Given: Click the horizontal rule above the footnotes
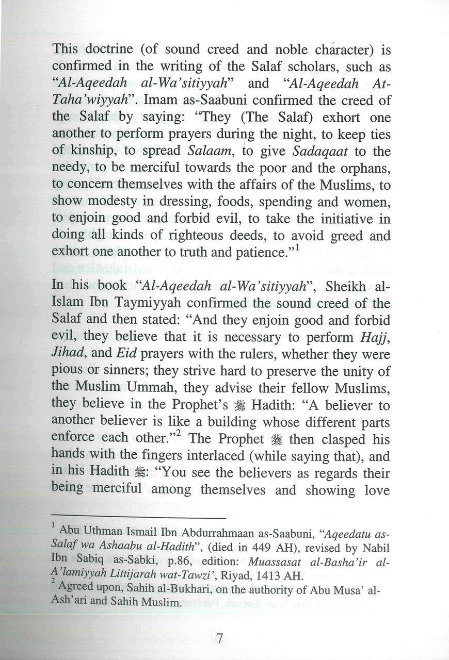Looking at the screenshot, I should (139, 517).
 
